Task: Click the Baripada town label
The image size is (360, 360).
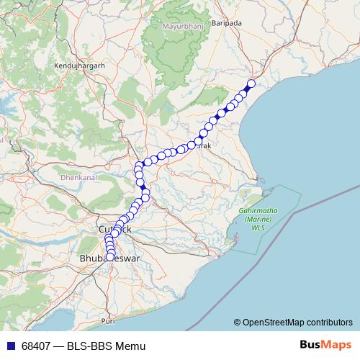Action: (228, 23)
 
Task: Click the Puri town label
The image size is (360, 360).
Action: (108, 320)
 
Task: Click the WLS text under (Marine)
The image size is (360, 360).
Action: (258, 228)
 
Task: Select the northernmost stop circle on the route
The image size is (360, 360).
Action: (251, 82)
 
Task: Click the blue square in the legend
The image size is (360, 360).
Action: (10, 346)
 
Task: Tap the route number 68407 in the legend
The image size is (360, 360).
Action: (37, 346)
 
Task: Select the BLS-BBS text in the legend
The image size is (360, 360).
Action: (91, 346)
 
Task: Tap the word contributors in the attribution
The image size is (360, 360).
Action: (330, 322)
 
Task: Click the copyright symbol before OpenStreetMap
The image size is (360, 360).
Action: (237, 322)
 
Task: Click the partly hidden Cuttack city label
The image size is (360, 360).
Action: (115, 228)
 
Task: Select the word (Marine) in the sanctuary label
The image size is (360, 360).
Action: (257, 219)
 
